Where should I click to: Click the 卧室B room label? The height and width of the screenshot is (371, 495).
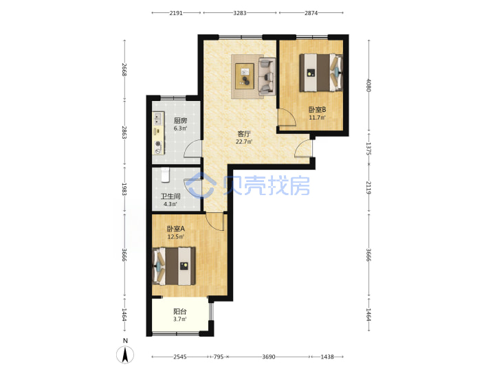317,110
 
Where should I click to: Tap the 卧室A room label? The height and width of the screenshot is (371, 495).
176,229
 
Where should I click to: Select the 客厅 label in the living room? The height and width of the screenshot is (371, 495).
243,134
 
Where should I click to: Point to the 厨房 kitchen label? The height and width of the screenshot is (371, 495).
180,121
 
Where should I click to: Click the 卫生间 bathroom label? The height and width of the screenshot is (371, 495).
170,196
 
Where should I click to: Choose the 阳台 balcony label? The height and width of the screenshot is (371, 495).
179,311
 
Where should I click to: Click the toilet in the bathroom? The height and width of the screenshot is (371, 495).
165,175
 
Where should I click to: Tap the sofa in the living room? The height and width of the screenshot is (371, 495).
267,76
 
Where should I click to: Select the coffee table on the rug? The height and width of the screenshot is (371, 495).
245,76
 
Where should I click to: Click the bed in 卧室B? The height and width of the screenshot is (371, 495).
321,73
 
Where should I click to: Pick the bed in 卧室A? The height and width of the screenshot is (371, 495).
174,267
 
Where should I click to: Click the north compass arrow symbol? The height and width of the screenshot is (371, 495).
125,355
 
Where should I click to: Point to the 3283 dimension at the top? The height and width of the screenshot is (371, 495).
240,13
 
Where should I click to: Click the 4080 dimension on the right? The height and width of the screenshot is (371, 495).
368,85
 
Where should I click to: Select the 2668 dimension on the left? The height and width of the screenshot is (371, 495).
124,69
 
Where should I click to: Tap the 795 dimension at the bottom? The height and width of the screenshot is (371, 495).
219,357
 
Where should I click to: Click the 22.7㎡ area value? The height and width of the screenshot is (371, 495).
243,142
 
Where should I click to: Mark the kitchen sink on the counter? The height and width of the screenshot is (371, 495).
157,119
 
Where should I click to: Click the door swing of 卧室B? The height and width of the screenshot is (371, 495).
287,117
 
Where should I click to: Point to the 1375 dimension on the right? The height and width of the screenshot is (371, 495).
368,148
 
